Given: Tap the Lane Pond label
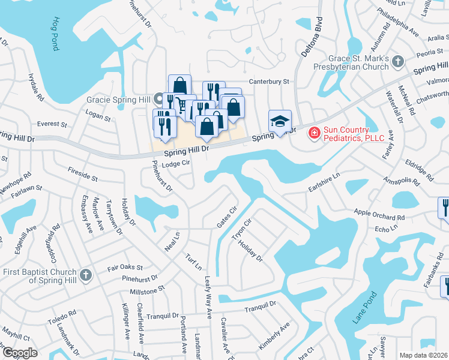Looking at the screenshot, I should point(364,308).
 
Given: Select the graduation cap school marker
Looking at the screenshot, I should point(280,121).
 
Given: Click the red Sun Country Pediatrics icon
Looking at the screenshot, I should point(313,132).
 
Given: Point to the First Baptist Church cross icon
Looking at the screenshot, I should point(86,276).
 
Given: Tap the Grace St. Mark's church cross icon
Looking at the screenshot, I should point(397,60).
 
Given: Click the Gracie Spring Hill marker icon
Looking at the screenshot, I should point(158,98).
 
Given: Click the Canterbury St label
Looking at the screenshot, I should point(270,82).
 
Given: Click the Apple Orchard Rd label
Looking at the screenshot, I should point(379,215).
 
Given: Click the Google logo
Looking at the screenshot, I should point(20,353).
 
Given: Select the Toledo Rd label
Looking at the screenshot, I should point(64,314).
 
